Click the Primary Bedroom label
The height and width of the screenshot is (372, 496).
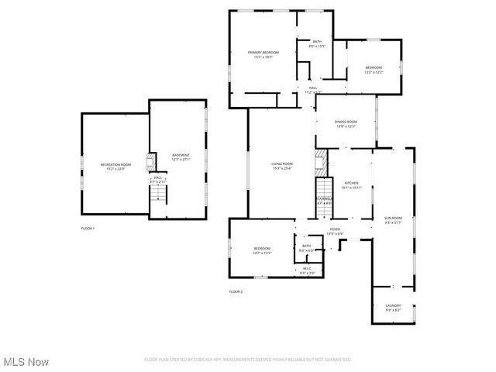click(x=263, y=53)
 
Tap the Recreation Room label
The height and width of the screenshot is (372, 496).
click(x=115, y=165)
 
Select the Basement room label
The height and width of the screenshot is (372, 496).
click(x=181, y=156)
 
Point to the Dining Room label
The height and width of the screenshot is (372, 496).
click(x=346, y=122)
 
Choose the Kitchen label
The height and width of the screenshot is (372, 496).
click(x=351, y=183)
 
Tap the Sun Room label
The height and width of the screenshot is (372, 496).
click(x=393, y=219)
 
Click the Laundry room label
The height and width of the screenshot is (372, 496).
click(x=393, y=306)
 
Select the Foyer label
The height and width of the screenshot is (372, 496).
click(x=335, y=229)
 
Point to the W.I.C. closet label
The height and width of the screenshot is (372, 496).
click(x=307, y=269)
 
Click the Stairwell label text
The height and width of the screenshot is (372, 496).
click(x=324, y=199)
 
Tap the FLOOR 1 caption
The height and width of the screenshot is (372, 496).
click(x=88, y=229)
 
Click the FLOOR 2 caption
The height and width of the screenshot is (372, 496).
click(x=236, y=291)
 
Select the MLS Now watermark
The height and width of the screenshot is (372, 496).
click(x=26, y=362)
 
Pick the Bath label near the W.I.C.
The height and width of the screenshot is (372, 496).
click(x=307, y=246)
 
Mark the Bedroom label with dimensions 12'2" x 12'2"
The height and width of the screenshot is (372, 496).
click(x=374, y=68)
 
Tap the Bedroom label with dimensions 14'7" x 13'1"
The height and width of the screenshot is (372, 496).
click(x=261, y=249)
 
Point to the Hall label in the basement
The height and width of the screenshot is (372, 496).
click(x=157, y=177)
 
